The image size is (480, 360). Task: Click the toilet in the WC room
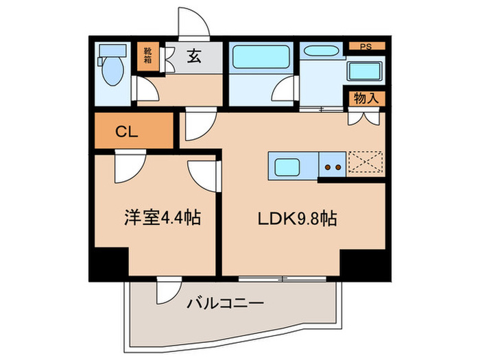click(x=110, y=65)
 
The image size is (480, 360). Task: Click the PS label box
click(x=367, y=46)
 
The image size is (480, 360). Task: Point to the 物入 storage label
click(x=366, y=98)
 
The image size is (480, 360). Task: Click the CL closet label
click(x=125, y=132)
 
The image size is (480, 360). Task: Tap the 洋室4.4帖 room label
click(x=162, y=219)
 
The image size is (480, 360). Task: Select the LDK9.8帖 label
click(x=296, y=219)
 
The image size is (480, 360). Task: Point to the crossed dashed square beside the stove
click(x=365, y=165)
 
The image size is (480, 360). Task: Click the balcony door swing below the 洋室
click(x=167, y=291)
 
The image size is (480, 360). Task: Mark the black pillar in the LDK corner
click(x=364, y=265)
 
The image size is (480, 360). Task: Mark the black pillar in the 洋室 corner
click(x=109, y=263)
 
